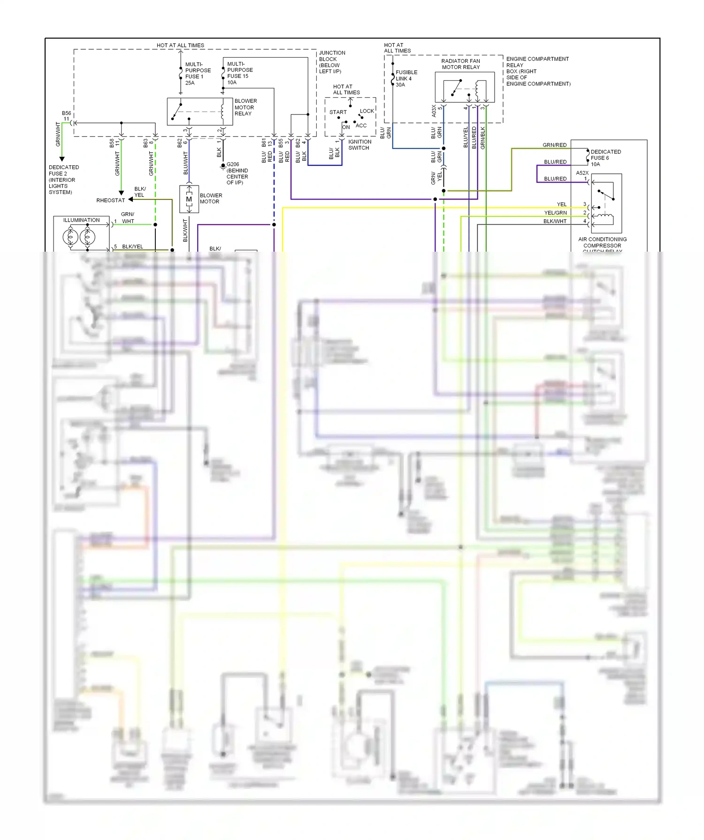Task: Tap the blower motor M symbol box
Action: pos(189,199)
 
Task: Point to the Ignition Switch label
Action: pos(360,145)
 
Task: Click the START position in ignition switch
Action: pos(337,112)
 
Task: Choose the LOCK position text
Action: pos(367,111)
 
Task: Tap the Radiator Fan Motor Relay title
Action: pos(460,64)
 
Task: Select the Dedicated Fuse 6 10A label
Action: pos(605,158)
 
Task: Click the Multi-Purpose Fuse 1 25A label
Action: pos(198,74)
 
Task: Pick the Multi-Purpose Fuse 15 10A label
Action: pos(239,73)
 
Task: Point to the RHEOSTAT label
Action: pos(110,200)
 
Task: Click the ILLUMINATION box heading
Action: pos(81,220)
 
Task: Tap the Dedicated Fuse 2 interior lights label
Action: pos(63,180)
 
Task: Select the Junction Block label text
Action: pos(332,62)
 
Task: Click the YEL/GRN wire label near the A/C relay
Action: pos(555,213)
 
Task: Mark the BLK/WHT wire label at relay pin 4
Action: pos(555,221)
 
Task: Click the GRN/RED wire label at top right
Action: pos(554,145)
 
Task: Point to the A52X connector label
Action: pos(582,173)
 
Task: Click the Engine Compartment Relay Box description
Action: pos(538,71)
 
